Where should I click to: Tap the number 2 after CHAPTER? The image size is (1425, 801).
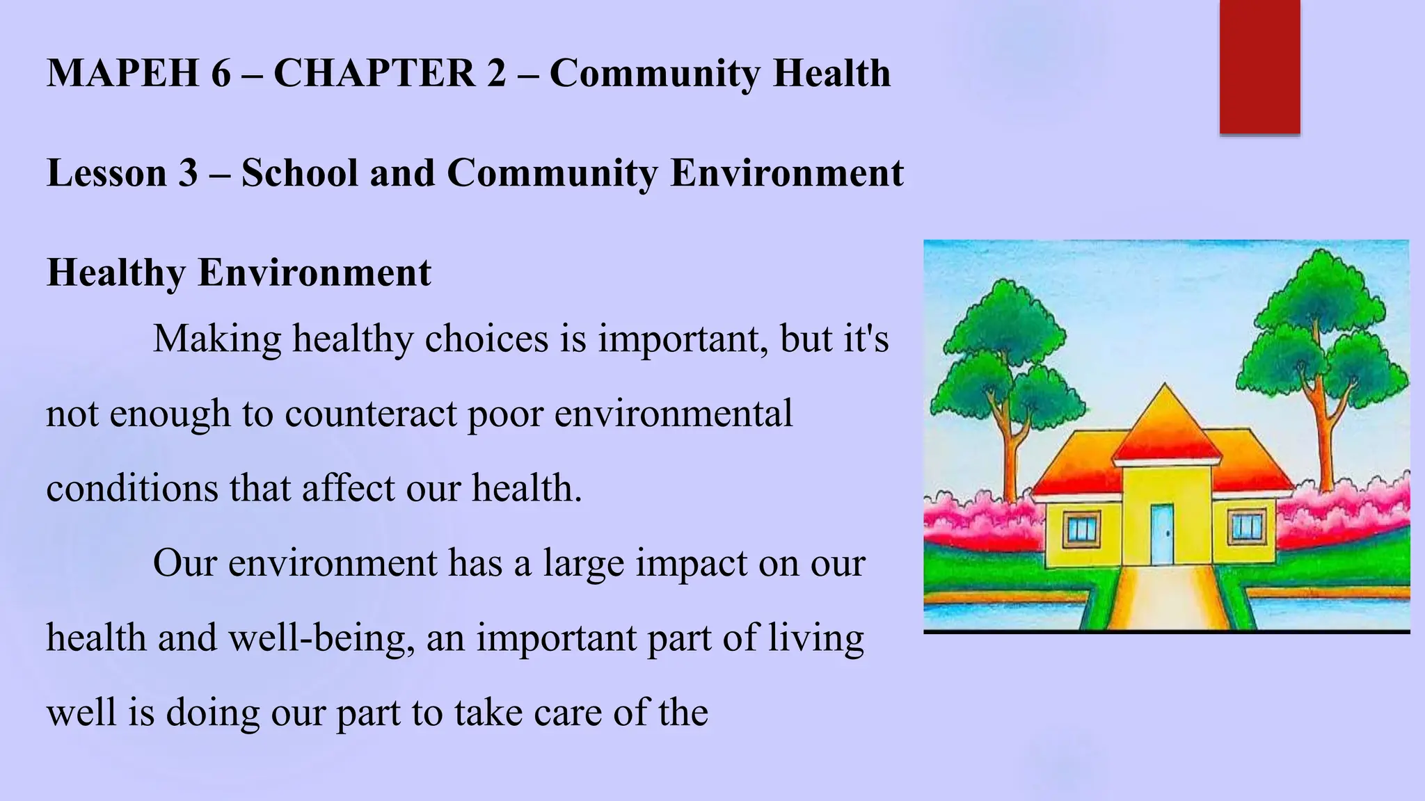pyautogui.click(x=496, y=73)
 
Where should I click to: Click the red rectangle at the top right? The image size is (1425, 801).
pyautogui.click(x=1259, y=66)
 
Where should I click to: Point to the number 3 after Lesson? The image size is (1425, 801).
pyautogui.click(x=188, y=173)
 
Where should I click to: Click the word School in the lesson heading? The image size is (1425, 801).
pyautogui.click(x=299, y=173)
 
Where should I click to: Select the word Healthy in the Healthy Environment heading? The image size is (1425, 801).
pyautogui.click(x=116, y=273)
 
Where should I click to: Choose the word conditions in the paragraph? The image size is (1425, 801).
pyautogui.click(x=132, y=488)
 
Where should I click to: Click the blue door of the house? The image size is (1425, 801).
pyautogui.click(x=1161, y=534)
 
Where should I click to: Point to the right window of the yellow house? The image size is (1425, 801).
pyautogui.click(x=1246, y=526)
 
